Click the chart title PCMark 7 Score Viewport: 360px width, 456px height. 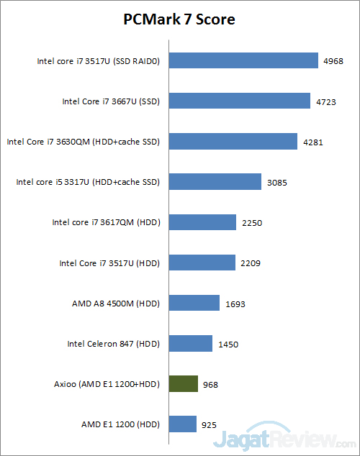click(179, 19)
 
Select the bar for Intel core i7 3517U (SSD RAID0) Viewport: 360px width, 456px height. click(243, 60)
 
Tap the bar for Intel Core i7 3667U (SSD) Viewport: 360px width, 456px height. click(240, 101)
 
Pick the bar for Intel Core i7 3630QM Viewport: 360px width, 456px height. click(233, 142)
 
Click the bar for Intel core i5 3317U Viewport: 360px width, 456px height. click(215, 182)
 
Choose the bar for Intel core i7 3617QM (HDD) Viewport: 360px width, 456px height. click(202, 222)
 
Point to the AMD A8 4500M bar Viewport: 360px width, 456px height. click(194, 303)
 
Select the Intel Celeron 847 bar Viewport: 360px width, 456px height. click(191, 343)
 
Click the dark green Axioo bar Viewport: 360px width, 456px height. click(184, 383)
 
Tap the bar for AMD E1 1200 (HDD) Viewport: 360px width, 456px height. click(183, 424)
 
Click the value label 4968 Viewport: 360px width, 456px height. click(333, 61)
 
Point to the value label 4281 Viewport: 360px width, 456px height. click(313, 142)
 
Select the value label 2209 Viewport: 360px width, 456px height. click(251, 263)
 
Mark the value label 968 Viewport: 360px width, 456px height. click(210, 385)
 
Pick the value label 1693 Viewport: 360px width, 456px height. click(235, 304)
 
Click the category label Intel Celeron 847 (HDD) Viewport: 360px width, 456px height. click(114, 344)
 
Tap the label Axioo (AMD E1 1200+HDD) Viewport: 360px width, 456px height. click(107, 384)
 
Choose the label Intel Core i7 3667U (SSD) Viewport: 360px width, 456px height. click(111, 101)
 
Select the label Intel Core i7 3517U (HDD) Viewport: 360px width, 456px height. click(109, 263)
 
